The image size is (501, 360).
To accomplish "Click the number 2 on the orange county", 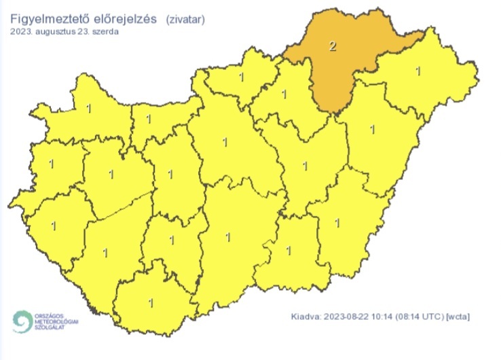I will coord(332,47).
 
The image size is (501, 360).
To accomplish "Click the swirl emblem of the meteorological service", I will coord(23,321).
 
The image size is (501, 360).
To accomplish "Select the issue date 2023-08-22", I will coord(348,317).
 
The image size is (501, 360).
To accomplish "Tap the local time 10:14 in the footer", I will coord(387,317).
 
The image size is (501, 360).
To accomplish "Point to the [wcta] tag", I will coord(459,317).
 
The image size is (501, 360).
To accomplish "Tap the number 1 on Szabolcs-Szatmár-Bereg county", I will coord(417,71).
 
